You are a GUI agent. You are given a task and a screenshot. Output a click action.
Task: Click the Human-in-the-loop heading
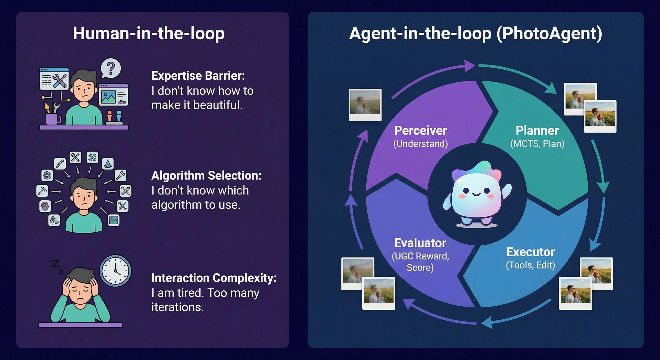click(149, 34)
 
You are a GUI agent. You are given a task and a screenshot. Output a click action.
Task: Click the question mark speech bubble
click(111, 68)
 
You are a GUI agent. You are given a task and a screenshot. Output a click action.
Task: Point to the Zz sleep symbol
click(57, 266)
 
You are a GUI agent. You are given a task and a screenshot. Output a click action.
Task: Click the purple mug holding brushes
click(52, 119)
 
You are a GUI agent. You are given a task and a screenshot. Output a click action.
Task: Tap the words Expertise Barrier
click(198, 76)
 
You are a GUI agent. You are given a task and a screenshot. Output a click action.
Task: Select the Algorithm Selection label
click(206, 176)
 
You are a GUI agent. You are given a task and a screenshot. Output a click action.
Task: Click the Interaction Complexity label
click(214, 278)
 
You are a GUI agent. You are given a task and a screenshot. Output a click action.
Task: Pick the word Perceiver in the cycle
click(420, 131)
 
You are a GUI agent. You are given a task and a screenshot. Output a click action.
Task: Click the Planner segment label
click(537, 131)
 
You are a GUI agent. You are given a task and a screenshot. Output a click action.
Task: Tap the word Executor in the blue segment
click(530, 252)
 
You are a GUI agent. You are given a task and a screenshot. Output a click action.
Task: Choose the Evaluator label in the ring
click(420, 243)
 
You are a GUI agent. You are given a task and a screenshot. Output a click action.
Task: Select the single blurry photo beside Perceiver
click(365, 105)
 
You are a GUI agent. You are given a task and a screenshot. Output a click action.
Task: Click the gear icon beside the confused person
click(47, 176)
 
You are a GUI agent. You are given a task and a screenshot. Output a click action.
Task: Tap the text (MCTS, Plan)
click(537, 144)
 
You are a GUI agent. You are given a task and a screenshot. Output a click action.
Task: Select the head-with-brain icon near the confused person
click(45, 206)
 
